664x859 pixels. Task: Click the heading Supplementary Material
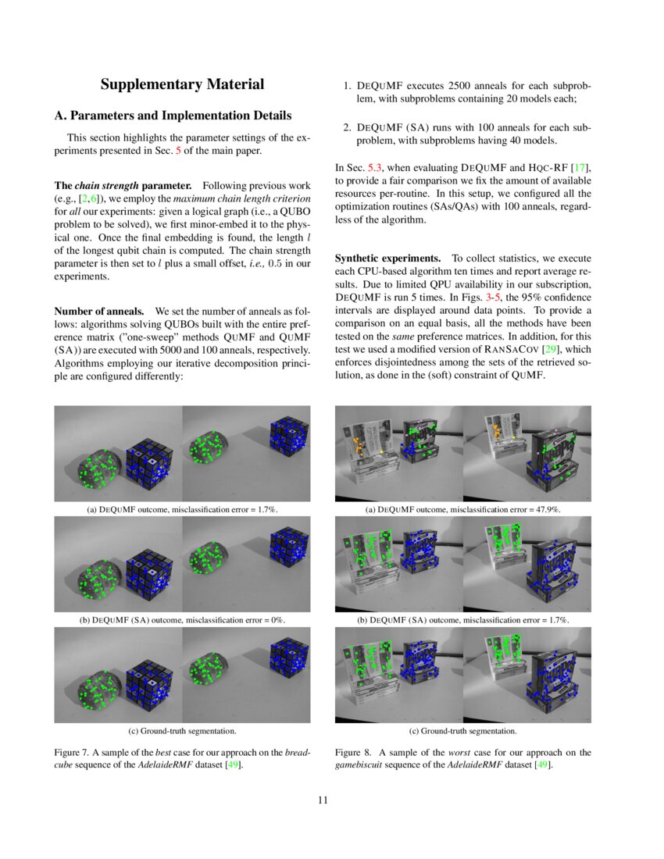(x=182, y=84)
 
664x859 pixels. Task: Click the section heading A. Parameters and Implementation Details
(x=173, y=116)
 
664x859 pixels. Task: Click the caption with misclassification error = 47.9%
(x=462, y=509)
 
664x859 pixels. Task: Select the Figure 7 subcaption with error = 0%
(x=182, y=620)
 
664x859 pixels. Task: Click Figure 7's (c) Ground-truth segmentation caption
(x=182, y=731)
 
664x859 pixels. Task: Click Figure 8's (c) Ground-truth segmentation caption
(x=462, y=731)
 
